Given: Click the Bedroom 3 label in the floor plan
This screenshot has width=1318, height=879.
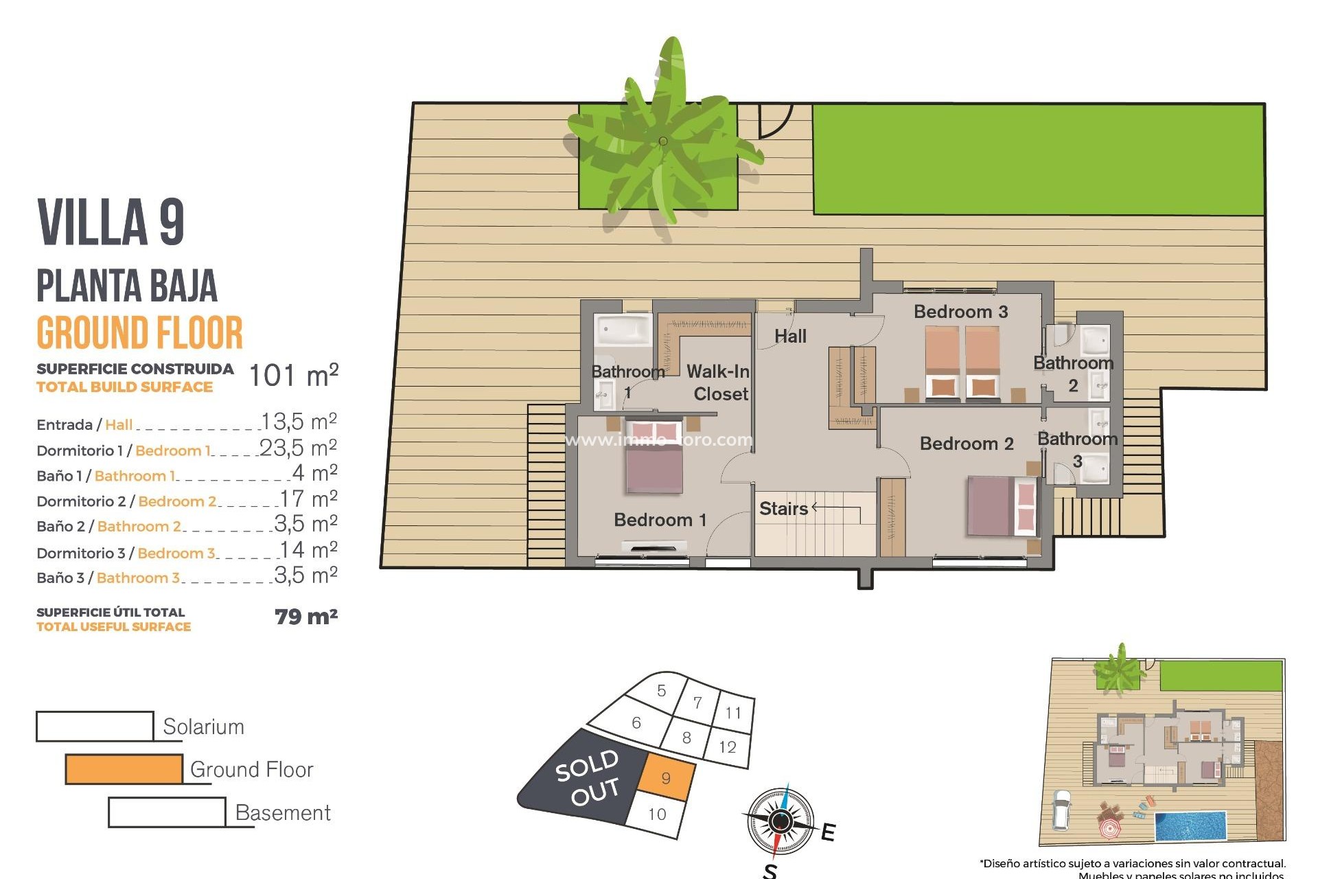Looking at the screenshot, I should click(x=960, y=312).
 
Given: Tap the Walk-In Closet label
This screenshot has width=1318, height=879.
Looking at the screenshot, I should click(x=719, y=383).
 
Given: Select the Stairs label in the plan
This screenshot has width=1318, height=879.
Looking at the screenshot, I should click(x=783, y=509).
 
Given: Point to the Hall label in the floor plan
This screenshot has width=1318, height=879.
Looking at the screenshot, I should click(x=790, y=336).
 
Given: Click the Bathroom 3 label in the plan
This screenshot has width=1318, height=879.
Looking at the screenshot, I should click(x=1077, y=449).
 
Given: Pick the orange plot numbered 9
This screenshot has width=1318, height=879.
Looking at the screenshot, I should click(x=665, y=778).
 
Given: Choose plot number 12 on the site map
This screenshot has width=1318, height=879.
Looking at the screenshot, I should click(x=728, y=747).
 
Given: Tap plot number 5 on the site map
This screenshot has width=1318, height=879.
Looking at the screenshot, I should click(x=661, y=691).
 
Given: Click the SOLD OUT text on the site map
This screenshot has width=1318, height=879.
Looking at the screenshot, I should click(x=588, y=777).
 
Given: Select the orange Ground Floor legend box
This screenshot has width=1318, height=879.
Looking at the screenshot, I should click(x=124, y=769).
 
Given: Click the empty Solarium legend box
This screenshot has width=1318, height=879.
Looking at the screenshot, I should click(x=95, y=726).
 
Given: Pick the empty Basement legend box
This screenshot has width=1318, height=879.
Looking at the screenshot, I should click(x=167, y=812).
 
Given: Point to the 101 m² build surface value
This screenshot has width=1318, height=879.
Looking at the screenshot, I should click(x=293, y=376).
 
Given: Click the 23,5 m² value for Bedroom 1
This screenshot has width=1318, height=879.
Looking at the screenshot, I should click(x=299, y=448).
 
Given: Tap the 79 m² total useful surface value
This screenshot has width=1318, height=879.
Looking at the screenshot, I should click(x=306, y=617).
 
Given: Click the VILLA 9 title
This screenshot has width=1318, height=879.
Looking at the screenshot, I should click(x=111, y=222).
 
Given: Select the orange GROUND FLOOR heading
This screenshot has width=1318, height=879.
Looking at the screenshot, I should click(x=139, y=333).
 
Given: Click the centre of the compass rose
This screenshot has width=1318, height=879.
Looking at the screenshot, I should click(x=780, y=821).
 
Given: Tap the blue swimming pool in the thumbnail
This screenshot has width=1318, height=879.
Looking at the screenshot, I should click(x=1190, y=826).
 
